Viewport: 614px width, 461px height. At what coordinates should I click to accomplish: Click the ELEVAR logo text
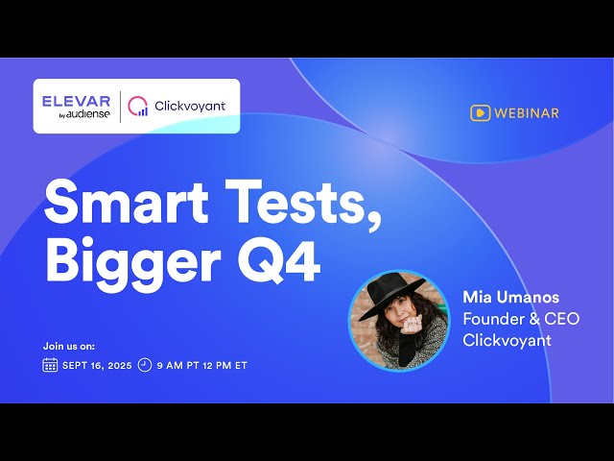click(76, 101)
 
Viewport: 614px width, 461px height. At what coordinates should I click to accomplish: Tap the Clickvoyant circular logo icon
click(138, 106)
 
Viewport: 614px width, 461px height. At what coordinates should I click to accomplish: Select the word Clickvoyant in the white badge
click(190, 106)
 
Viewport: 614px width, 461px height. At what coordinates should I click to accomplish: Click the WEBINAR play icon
click(480, 113)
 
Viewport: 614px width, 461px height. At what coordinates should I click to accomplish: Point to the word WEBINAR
click(527, 113)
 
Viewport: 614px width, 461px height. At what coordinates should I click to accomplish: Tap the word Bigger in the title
click(130, 260)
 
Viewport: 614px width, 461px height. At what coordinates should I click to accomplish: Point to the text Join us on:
click(69, 346)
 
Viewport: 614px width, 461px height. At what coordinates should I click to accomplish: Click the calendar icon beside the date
click(50, 365)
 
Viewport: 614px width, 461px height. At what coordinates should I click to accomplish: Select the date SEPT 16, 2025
click(97, 366)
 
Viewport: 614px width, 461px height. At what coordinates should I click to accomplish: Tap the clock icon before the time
click(145, 365)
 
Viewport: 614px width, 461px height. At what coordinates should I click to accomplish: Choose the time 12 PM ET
click(226, 366)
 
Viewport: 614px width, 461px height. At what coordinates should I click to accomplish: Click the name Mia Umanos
click(511, 296)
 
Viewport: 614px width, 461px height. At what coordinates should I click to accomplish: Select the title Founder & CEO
click(521, 318)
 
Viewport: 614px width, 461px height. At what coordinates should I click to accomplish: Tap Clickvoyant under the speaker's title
click(506, 339)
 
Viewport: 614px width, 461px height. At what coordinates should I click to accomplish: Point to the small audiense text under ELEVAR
click(89, 114)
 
